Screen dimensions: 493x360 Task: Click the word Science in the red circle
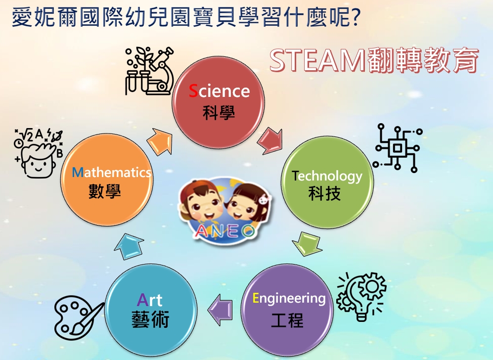coord(219,91)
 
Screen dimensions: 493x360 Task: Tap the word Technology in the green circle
coord(327,176)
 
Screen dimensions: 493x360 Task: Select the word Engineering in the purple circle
coord(289,299)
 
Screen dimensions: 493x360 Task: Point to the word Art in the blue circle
coord(150,300)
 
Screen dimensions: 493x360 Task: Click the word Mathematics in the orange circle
coord(112,172)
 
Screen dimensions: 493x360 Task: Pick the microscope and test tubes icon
coord(149,71)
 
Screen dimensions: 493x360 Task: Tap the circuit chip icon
coord(398,148)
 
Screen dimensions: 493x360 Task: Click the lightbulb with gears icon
coord(361,297)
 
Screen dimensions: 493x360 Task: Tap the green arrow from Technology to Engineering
coord(307,243)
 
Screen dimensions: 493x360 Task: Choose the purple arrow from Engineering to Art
coord(220,310)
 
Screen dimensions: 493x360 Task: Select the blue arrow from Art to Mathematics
coord(129,246)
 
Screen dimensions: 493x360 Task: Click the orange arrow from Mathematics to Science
coord(160,141)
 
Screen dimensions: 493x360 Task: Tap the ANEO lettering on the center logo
coord(224,232)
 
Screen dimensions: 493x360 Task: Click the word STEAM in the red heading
coord(317,60)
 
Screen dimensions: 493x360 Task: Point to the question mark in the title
coord(355,17)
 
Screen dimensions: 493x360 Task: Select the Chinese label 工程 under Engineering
coord(287,320)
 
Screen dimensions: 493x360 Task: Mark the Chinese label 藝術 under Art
coord(150,319)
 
